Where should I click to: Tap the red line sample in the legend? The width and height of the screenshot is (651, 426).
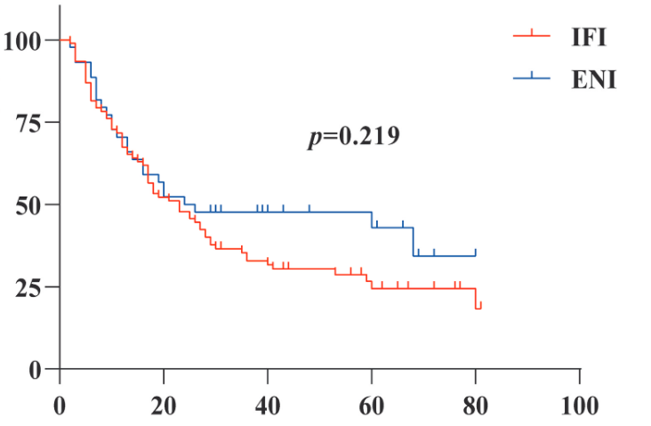click(x=533, y=36)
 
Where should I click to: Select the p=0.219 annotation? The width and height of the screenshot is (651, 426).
click(x=353, y=137)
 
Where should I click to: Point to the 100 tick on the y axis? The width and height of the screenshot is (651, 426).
click(x=24, y=40)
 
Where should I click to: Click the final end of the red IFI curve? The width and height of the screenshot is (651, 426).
click(x=480, y=307)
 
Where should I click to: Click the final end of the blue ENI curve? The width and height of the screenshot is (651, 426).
click(x=476, y=255)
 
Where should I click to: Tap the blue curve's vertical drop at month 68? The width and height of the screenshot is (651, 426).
click(x=414, y=241)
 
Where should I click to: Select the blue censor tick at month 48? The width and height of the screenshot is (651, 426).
click(x=309, y=209)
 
